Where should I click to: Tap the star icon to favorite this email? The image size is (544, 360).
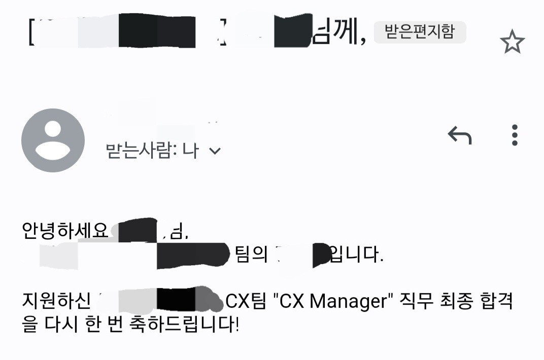[512, 43]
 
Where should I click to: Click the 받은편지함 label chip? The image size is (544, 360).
[419, 32]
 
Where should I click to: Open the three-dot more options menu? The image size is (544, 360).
[515, 135]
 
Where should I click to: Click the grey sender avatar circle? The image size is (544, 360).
[53, 140]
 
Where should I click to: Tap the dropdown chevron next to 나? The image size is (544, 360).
[215, 151]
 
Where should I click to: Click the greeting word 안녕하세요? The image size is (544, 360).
[65, 231]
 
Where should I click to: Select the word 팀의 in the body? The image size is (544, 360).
[252, 254]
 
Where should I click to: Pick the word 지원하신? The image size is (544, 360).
[56, 301]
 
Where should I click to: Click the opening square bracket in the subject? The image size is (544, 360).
[32, 33]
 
